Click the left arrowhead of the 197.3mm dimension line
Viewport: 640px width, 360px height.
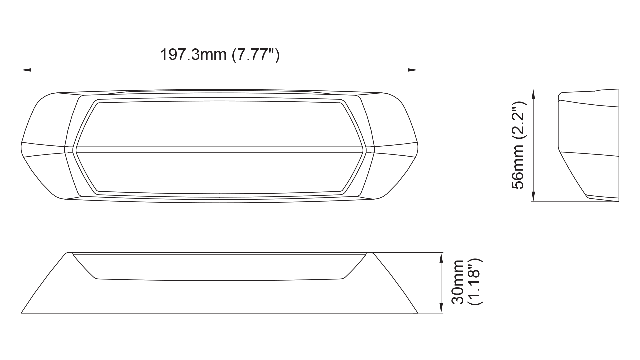click(26, 70)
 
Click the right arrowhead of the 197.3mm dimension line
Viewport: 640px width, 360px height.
click(413, 70)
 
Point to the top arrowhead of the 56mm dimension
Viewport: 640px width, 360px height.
click(533, 94)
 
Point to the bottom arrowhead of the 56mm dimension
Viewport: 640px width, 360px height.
click(533, 197)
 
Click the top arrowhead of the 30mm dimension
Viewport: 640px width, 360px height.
click(441, 258)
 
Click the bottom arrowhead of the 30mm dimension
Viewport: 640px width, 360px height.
click(441, 308)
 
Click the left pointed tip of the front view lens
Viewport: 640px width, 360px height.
click(74, 150)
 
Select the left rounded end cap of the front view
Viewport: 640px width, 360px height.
click(43, 147)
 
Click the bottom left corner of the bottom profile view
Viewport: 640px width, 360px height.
click(22, 313)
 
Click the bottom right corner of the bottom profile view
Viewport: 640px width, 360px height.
click(417, 313)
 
